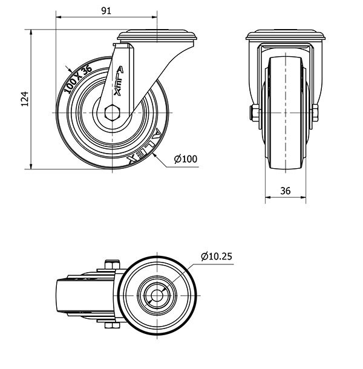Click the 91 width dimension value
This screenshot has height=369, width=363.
(x=106, y=11)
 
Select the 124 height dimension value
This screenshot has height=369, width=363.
(x=24, y=99)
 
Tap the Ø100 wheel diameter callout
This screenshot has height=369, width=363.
(x=186, y=159)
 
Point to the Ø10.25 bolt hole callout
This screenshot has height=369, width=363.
(x=217, y=256)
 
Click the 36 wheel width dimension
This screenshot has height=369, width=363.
(x=286, y=191)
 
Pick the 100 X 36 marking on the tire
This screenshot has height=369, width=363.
(x=78, y=79)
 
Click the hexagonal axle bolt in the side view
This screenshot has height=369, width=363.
(x=113, y=113)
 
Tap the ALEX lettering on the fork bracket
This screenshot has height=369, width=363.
(x=118, y=80)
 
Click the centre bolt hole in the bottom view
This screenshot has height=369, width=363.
(x=157, y=295)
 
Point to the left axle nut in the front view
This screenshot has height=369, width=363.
(x=255, y=113)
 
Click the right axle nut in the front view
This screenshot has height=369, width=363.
(x=315, y=113)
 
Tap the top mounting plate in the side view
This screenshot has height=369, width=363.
(x=157, y=36)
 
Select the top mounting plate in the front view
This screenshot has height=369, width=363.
(x=286, y=35)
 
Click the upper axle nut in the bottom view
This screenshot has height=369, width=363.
(x=113, y=264)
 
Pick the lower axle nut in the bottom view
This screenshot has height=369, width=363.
(x=113, y=325)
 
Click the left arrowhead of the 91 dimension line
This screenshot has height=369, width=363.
(x=58, y=17)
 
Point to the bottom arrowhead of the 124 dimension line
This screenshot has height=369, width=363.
(x=31, y=166)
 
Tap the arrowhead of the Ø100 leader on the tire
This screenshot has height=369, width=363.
(x=154, y=155)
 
